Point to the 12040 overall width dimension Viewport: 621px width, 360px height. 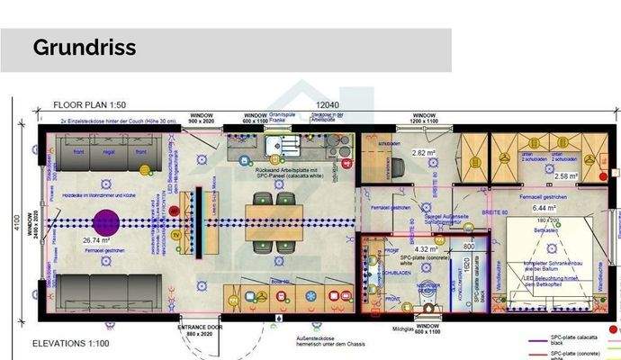(x=323, y=103)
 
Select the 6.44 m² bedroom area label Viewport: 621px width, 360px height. (x=543, y=208)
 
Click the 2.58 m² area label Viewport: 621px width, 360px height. (x=566, y=176)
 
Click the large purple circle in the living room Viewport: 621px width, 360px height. (x=106, y=221)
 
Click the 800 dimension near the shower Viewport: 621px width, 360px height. (x=469, y=244)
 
